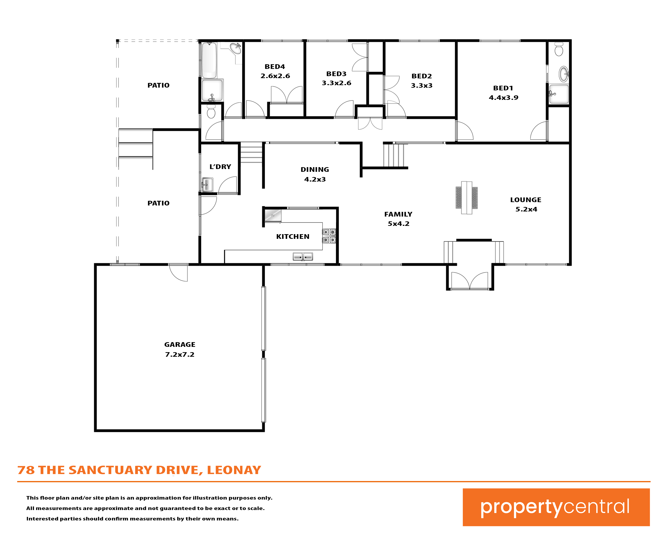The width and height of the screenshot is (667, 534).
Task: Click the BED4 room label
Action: pos(275,67)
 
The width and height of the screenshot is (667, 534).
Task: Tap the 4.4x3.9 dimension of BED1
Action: pos(503,97)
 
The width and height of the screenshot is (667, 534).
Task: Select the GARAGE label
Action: pos(180,345)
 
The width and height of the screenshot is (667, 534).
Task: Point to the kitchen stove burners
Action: pos(329,236)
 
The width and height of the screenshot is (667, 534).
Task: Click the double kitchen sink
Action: pos(303,257)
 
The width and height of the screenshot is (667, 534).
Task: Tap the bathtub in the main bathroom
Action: pos(209,60)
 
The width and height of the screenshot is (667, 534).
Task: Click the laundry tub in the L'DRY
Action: pos(207,185)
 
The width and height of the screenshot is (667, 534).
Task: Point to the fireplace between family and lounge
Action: pos(467,197)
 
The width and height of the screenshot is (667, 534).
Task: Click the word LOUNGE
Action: pos(526,200)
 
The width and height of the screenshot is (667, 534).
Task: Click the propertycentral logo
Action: pos(556,507)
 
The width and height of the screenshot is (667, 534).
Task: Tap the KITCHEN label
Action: pos(293,237)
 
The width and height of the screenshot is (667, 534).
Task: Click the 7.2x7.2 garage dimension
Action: pos(180,354)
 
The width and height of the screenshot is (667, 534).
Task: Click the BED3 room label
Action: pos(336,74)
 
